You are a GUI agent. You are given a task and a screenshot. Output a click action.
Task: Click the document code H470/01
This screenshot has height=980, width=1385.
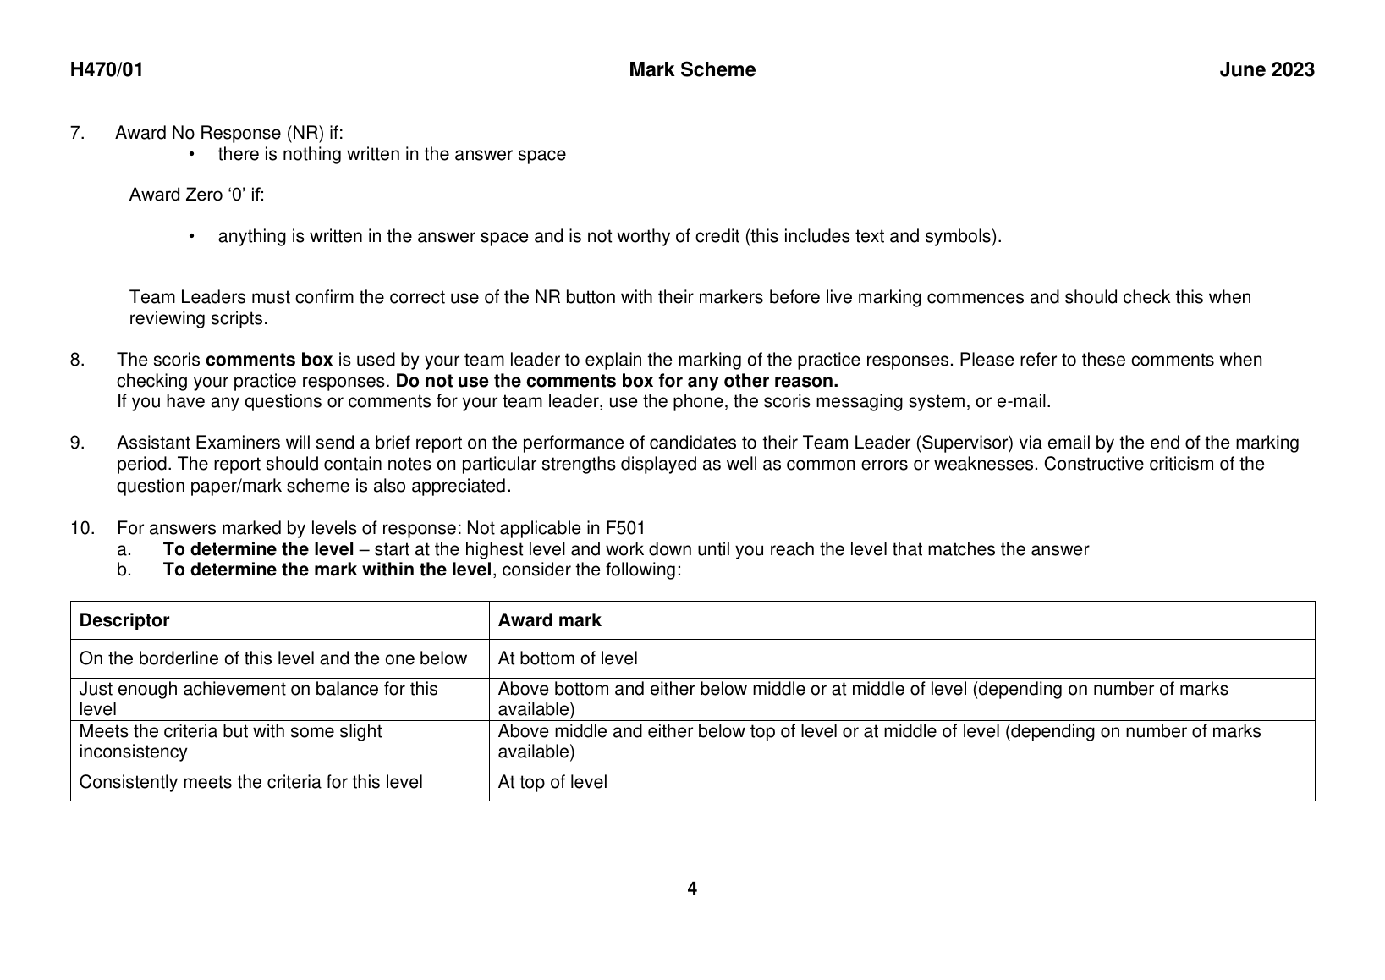[107, 70]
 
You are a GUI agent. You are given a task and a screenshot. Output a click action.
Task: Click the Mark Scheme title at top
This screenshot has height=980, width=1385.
[692, 70]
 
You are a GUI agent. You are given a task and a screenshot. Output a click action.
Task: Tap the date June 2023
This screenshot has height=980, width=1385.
[1267, 70]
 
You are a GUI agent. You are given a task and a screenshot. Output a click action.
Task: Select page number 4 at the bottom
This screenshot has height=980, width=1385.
[692, 889]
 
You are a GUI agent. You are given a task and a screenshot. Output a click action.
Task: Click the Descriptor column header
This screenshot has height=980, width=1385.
[124, 620]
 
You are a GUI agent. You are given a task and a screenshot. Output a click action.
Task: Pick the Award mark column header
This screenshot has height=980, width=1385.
[549, 620]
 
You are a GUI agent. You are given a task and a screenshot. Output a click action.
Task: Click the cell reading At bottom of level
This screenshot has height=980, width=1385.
[568, 658]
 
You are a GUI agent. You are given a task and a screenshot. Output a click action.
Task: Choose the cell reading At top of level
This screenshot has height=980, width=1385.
[552, 782]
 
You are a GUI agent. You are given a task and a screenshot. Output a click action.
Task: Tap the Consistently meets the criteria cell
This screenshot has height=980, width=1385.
[250, 782]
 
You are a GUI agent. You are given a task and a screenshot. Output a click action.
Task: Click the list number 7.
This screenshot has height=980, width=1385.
[77, 133]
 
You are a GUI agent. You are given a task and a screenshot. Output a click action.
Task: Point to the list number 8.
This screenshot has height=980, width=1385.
[77, 360]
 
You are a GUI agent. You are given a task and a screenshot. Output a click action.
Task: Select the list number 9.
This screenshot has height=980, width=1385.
[77, 443]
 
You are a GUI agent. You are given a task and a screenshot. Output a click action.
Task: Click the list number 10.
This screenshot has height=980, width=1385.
[81, 529]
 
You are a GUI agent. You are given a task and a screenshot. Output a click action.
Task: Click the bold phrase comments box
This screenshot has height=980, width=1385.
[269, 360]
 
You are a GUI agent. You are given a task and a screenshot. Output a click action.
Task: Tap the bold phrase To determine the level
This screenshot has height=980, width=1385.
[258, 549]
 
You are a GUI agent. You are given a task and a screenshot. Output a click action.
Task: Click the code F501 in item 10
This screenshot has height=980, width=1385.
[625, 529]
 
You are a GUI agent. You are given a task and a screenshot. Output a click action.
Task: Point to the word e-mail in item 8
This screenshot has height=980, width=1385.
[1023, 401]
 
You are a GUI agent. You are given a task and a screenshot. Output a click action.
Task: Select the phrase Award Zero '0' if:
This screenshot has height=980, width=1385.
[196, 195]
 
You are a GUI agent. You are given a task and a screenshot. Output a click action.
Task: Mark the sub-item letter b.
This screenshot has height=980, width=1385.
[124, 570]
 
